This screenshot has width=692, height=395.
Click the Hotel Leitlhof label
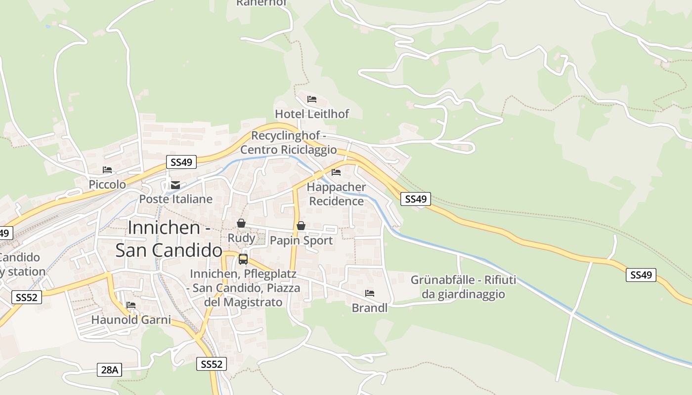312,114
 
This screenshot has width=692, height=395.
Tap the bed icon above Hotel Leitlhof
311,99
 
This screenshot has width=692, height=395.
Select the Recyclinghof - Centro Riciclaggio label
289,143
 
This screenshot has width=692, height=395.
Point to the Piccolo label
107,184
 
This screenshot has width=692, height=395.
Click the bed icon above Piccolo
107,170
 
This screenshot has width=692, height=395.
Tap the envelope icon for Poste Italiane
175,185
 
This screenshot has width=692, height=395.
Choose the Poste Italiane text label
175,199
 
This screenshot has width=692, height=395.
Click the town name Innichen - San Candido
169,239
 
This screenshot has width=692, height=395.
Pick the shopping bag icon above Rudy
241,224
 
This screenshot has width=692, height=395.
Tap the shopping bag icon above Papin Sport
301,226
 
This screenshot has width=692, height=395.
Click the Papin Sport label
301,240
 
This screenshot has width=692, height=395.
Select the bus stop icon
243,259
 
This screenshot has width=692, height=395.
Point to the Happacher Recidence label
337,194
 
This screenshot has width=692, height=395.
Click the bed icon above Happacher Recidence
336,172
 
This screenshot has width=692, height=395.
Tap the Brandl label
370,308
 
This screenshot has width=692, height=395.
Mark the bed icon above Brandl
370,293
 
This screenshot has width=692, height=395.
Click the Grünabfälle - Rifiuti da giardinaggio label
463,287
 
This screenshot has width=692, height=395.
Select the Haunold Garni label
131,320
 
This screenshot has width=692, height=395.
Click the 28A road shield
109,370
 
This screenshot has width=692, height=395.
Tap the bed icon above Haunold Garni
131,305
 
